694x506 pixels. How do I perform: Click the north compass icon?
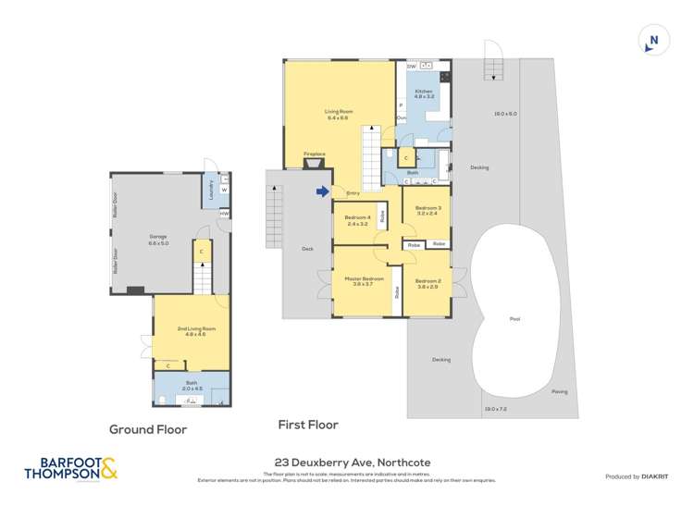click(x=653, y=40)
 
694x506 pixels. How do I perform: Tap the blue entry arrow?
click(x=322, y=191)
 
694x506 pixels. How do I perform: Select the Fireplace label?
click(x=315, y=154)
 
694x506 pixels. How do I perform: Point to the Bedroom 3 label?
click(x=428, y=210)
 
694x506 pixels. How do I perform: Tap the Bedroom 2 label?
click(x=428, y=283)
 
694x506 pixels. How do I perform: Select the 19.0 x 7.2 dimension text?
click(x=495, y=408)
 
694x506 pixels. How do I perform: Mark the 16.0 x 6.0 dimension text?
click(x=505, y=114)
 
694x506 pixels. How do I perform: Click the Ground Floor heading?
click(x=148, y=429)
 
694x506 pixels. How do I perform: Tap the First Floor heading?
click(x=308, y=425)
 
